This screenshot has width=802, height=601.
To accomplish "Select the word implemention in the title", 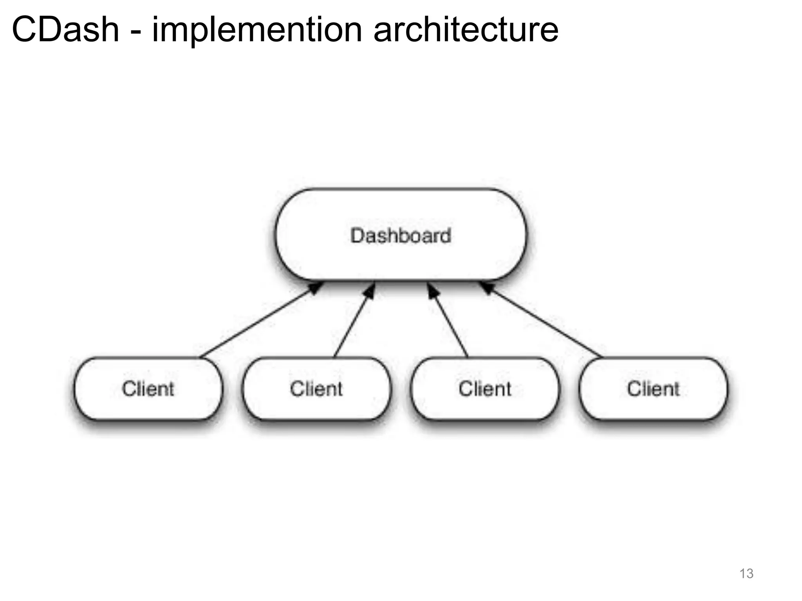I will [x=257, y=31].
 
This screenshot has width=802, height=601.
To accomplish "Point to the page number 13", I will [x=746, y=574].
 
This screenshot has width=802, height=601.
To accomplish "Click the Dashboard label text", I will [x=401, y=236].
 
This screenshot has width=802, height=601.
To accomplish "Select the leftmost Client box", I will [x=148, y=389].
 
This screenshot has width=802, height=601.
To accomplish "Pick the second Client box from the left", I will [x=316, y=389].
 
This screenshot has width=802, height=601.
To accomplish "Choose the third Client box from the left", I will [x=485, y=389].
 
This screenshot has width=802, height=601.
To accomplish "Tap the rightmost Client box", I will [x=653, y=389].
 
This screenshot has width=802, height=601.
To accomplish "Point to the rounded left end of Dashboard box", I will [x=279, y=235].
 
